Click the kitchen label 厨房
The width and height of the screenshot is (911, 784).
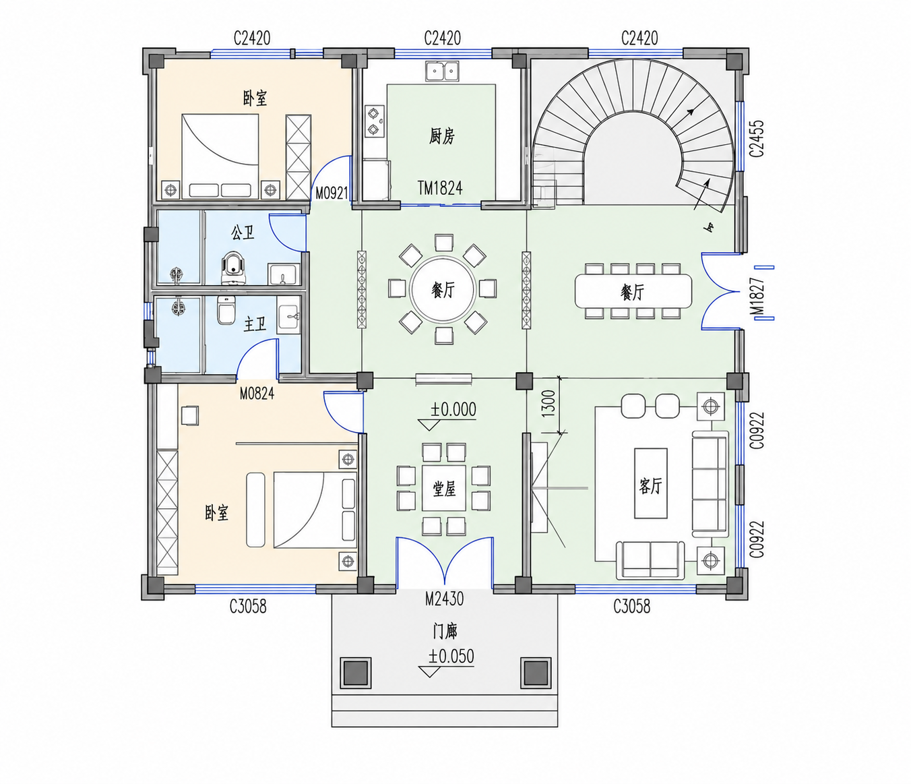441,135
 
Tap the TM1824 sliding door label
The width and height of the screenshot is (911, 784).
440,189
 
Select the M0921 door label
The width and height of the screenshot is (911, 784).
332,193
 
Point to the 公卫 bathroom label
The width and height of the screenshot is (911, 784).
243,232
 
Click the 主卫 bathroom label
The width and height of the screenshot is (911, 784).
255,324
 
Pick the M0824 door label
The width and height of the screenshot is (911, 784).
257,393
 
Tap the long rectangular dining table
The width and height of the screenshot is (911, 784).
633,291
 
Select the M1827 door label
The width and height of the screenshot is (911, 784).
757,297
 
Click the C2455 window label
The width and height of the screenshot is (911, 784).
756,138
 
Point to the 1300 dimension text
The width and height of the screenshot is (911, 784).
548,404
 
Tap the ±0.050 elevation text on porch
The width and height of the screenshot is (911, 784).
451,657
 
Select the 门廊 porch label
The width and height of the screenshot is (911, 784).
445,632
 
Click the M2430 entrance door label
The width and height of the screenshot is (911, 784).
444,599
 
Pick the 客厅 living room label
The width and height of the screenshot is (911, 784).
650,486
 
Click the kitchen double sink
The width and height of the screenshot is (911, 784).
442,71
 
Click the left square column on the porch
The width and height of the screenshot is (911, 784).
356,673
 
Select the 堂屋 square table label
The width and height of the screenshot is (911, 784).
444,489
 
